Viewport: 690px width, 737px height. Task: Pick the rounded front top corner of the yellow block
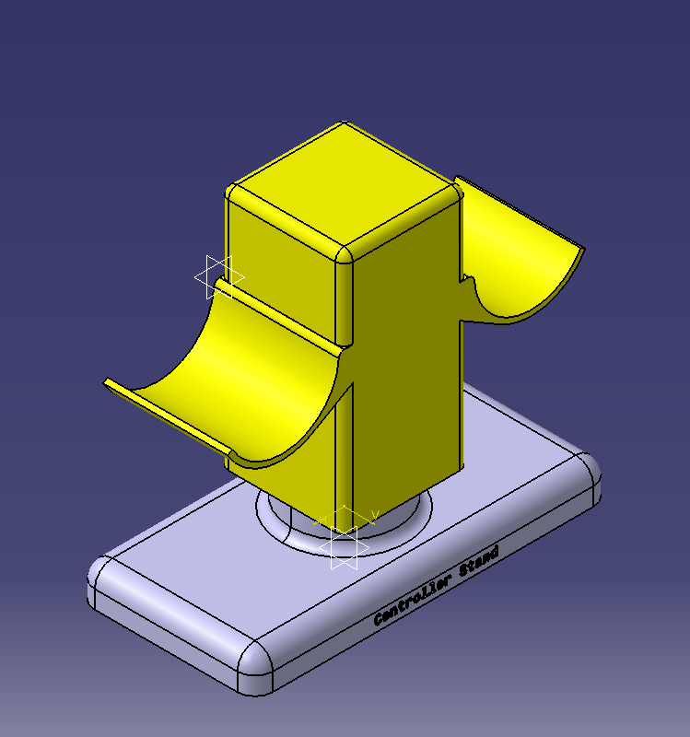(344, 254)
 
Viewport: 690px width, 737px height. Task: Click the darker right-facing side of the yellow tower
(405, 368)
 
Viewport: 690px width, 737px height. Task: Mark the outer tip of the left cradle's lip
(109, 382)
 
